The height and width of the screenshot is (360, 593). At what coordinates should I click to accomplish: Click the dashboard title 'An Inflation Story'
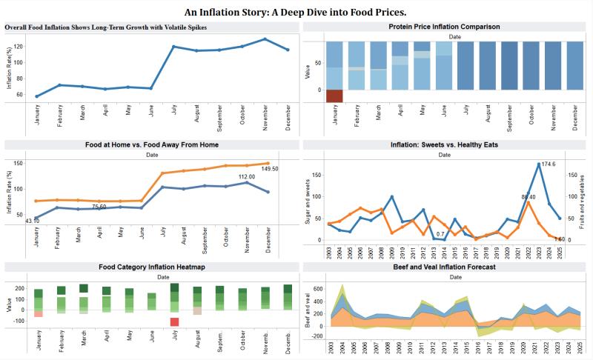coord(296,12)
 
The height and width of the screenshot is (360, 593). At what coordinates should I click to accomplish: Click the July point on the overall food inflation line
coord(173,47)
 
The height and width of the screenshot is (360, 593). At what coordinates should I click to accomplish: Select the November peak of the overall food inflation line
coord(265,39)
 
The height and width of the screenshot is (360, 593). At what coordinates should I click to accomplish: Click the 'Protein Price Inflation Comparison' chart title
coord(444,27)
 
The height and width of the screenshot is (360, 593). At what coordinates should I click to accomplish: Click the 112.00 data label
coord(247,176)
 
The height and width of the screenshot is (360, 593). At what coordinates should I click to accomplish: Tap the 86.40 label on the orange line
coord(528,197)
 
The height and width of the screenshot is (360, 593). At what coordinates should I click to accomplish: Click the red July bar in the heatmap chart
coord(174,321)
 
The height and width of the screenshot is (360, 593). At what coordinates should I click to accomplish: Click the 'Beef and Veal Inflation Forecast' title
coord(444,267)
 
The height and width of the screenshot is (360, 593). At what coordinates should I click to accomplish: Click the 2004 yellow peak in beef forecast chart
coord(342,286)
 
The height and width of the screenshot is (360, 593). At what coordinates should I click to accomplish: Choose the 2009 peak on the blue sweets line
coord(391,197)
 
